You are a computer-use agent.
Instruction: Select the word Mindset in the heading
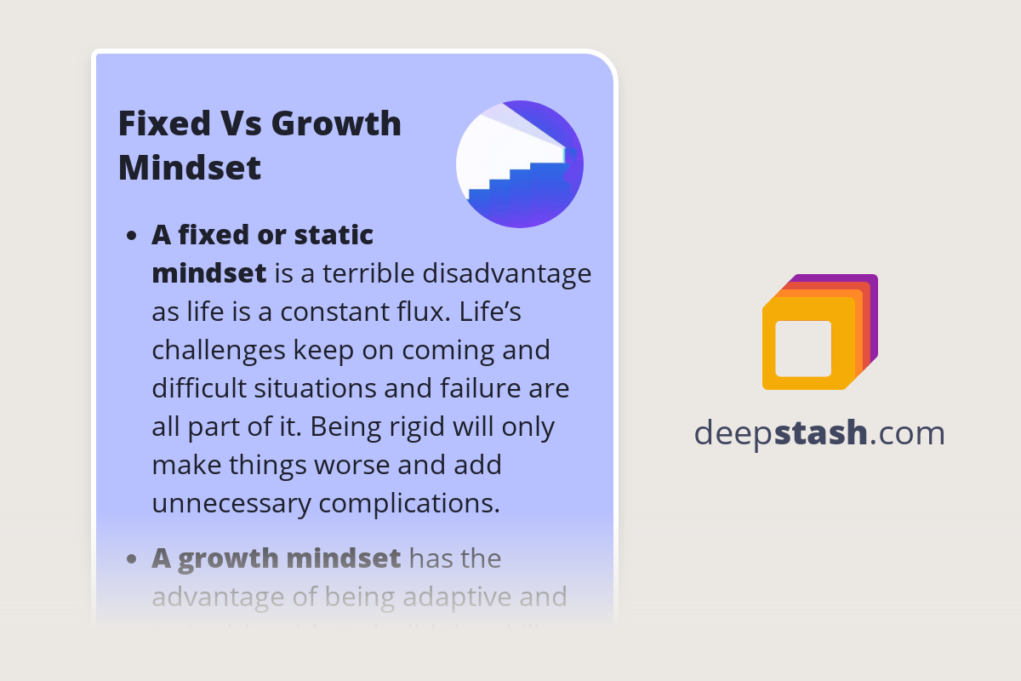[190, 167]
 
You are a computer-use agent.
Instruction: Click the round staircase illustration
[520, 164]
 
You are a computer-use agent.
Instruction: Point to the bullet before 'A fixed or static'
[131, 237]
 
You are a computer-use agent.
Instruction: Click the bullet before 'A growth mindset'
[131, 560]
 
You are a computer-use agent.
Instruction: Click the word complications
[408, 503]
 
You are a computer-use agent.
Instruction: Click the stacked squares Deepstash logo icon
[819, 332]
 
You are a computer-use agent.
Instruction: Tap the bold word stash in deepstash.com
[821, 433]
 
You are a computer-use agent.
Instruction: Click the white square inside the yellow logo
[803, 349]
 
